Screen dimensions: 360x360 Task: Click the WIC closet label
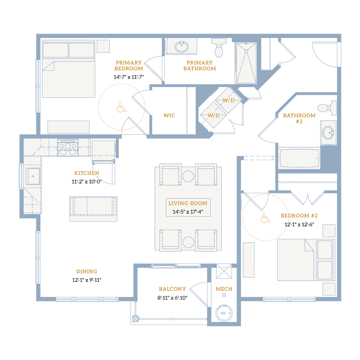169,116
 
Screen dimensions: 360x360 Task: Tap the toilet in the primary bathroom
219,48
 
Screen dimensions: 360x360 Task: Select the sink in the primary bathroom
182,47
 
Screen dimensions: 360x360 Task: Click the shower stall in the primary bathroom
246,63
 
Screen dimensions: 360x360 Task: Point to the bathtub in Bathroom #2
299,158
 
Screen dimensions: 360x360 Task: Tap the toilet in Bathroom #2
327,108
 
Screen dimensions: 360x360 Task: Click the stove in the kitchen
68,148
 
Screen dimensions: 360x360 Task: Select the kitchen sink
33,176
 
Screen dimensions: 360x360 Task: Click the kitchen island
93,209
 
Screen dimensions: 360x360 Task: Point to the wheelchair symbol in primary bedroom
121,107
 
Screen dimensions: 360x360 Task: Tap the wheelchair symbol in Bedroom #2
265,217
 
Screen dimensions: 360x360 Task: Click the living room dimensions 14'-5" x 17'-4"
188,212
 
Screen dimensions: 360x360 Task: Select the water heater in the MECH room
224,313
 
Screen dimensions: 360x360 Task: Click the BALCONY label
172,289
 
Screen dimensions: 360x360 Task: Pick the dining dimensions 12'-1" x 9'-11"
86,280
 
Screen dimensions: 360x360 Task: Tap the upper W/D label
228,100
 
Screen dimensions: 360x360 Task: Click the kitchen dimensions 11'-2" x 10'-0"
86,182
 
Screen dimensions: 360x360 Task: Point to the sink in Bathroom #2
328,132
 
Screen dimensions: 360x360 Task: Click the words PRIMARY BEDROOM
129,66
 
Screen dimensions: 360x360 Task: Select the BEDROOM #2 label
299,216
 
